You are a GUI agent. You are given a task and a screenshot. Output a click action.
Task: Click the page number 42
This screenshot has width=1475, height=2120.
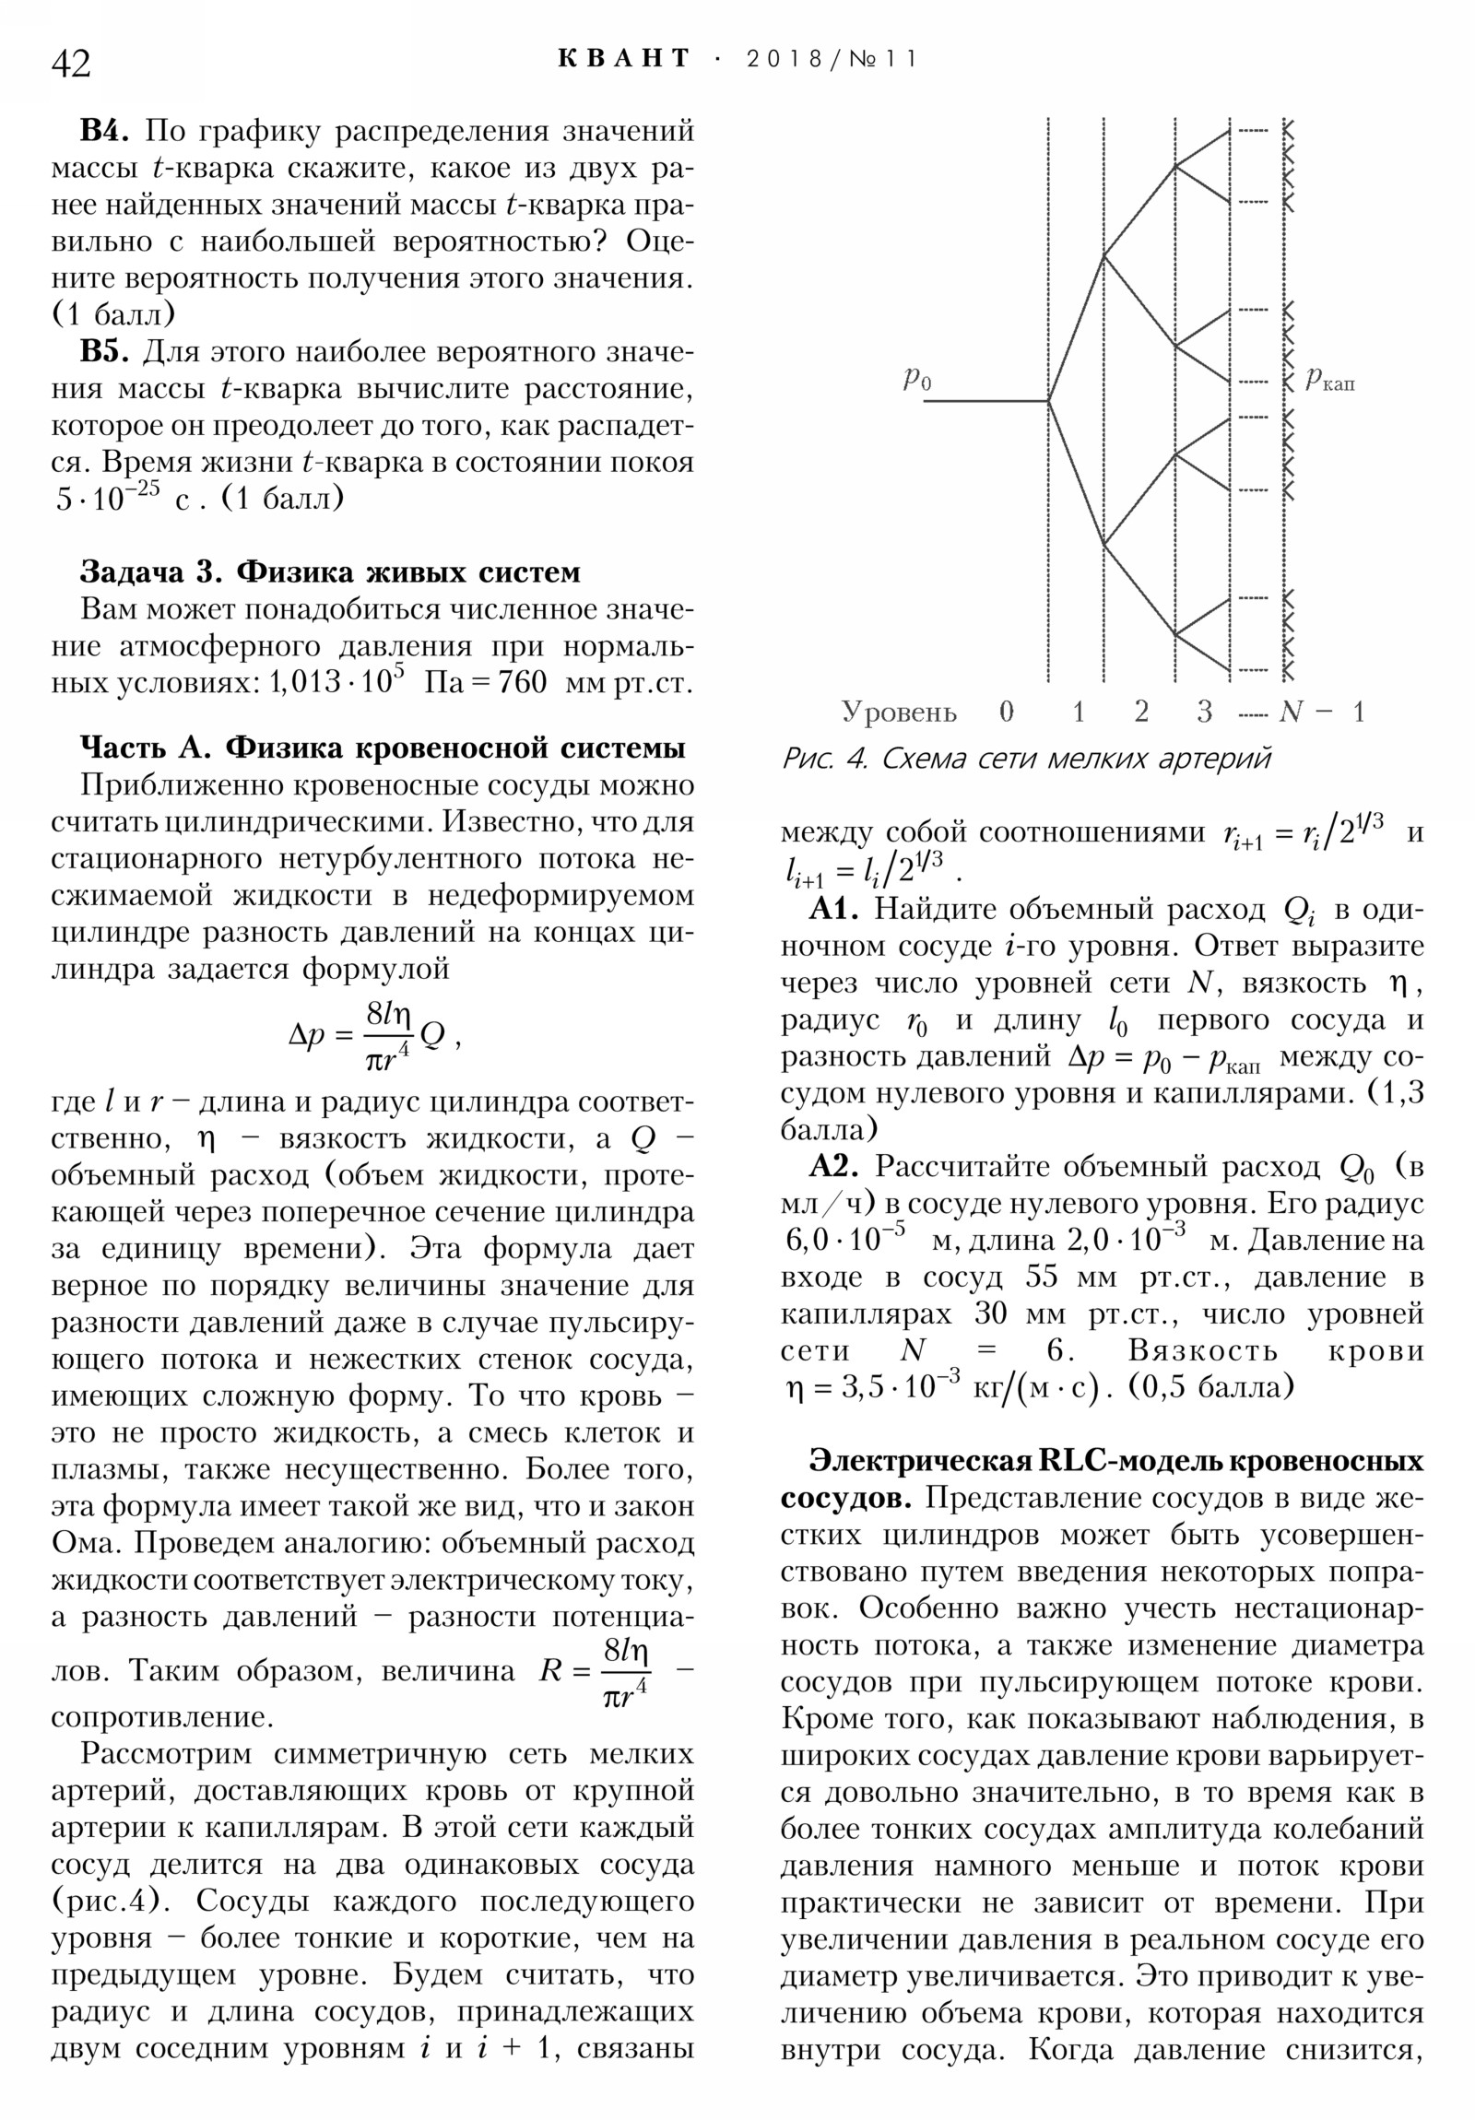(x=71, y=64)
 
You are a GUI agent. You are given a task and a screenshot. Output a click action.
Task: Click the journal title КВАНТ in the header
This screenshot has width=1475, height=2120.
(x=624, y=59)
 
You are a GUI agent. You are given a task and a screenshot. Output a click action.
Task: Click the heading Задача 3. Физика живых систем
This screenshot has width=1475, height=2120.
(x=330, y=571)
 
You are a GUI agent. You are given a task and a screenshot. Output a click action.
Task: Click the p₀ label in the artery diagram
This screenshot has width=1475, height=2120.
(x=916, y=378)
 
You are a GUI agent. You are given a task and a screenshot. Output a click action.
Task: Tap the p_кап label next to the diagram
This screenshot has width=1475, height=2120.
(x=1330, y=380)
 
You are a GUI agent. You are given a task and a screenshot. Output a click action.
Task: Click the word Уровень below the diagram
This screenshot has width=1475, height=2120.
(x=898, y=712)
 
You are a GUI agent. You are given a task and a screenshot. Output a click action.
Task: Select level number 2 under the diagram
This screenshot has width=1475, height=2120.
(x=1141, y=712)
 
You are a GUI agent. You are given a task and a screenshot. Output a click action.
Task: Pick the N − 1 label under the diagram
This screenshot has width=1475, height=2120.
(x=1321, y=712)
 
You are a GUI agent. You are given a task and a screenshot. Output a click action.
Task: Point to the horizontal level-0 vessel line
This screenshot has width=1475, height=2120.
(x=985, y=401)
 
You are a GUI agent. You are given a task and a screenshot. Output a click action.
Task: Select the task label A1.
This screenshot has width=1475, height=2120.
(x=834, y=910)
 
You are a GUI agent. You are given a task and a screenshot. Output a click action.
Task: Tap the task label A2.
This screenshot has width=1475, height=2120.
(x=834, y=1167)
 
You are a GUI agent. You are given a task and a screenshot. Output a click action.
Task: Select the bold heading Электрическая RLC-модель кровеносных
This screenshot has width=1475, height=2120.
(x=1115, y=1462)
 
